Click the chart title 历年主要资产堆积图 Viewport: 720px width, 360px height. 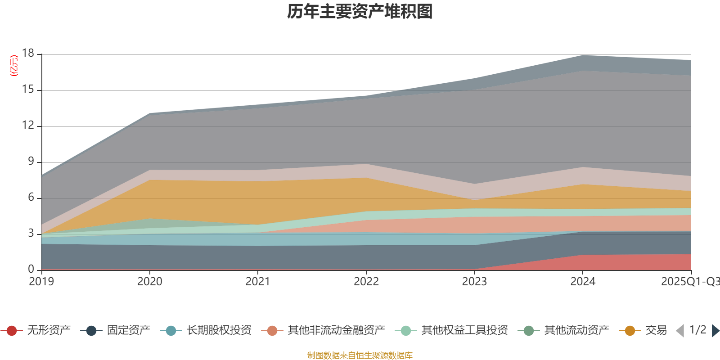[360, 12]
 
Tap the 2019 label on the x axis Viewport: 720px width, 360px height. [41, 282]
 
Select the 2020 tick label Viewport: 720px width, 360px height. [149, 282]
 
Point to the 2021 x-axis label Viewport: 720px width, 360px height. [258, 282]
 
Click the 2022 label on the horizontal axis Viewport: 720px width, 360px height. [366, 282]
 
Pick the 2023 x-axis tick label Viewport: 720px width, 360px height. [474, 282]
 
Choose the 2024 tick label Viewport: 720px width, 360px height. [583, 282]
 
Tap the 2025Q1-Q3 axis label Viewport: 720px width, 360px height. [690, 282]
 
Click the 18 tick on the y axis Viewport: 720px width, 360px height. [28, 54]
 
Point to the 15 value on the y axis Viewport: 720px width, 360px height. [28, 90]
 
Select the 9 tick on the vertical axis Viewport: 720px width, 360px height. [31, 162]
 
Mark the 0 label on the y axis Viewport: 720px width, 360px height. [31, 269]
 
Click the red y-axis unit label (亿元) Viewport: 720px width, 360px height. [14, 66]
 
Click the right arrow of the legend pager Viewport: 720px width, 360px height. [715, 331]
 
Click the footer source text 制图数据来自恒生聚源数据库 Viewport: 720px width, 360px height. [360, 355]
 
